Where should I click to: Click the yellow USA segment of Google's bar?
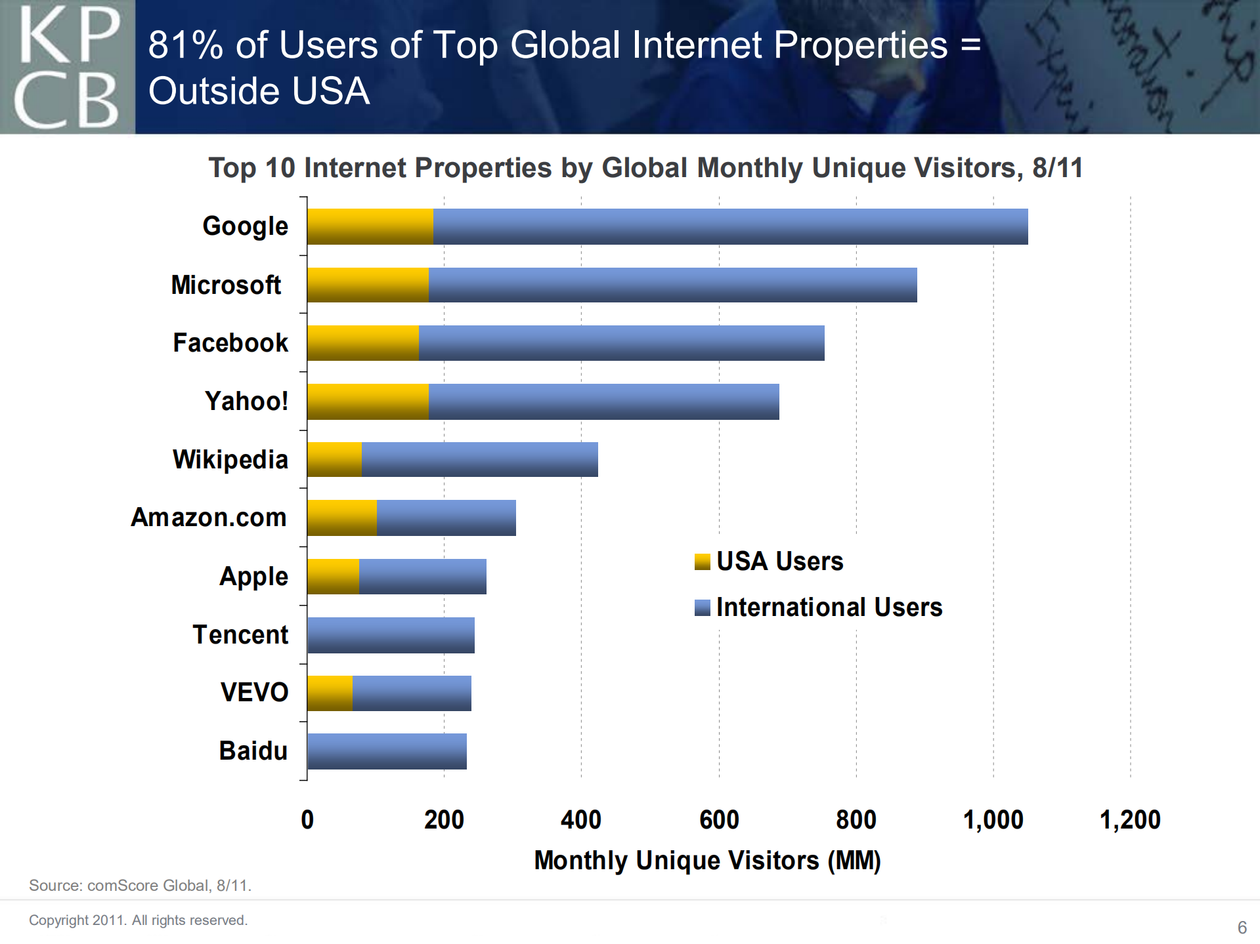[370, 226]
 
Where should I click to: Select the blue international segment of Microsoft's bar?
[672, 285]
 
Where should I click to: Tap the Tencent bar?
[391, 635]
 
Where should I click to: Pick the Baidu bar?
[387, 751]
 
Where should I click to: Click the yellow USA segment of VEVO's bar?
[330, 693]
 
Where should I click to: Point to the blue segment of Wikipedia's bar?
[479, 459]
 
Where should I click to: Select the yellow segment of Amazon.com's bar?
[341, 518]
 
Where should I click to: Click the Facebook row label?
[230, 343]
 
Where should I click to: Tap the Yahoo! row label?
[246, 401]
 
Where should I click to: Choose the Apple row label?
[253, 577]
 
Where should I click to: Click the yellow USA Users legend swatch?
[702, 562]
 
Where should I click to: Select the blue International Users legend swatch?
[702, 608]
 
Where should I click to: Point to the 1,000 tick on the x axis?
[993, 820]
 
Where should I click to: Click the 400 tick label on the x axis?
[581, 820]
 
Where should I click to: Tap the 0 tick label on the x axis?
[307, 820]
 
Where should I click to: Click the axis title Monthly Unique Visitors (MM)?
[707, 861]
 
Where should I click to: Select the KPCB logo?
[67, 67]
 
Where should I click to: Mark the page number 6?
[1242, 928]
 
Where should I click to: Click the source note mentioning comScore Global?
[140, 886]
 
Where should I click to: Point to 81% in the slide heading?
[186, 45]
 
